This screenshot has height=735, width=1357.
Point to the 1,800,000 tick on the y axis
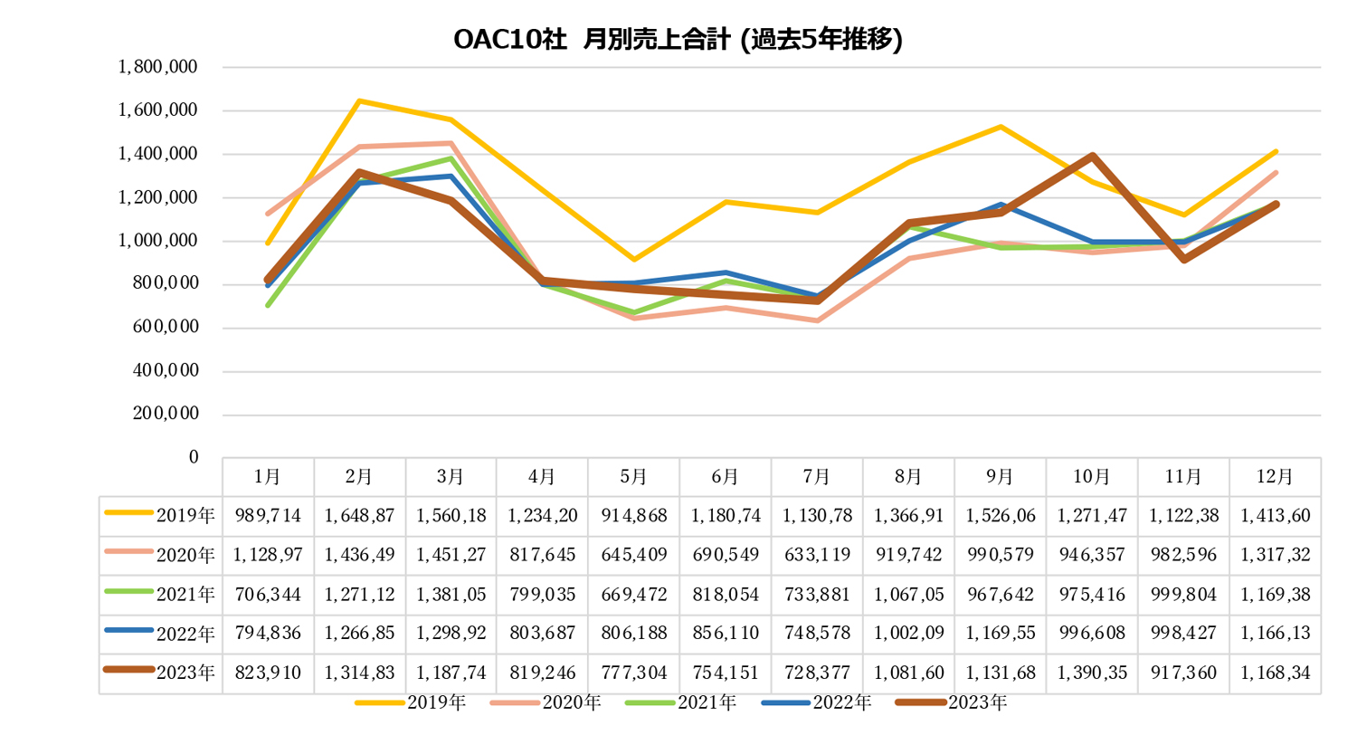171,67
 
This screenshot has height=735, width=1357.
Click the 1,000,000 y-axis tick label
171,241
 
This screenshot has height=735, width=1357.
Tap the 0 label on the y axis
193,458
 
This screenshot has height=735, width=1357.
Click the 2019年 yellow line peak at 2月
360,100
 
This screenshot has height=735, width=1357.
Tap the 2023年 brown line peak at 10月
1093,156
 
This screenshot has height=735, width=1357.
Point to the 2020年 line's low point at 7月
817,320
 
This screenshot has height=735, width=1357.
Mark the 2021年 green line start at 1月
269,305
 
